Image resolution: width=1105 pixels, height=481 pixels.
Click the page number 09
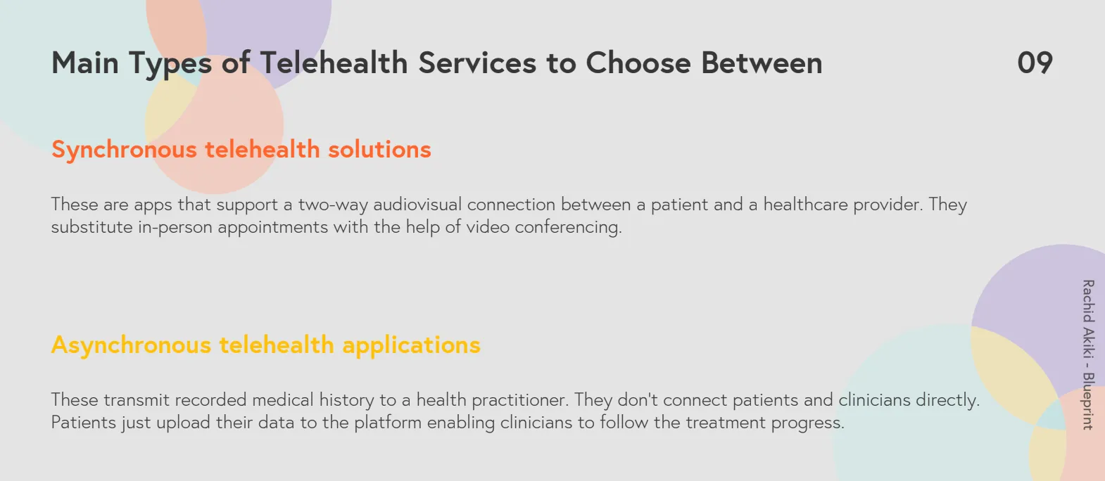(1035, 63)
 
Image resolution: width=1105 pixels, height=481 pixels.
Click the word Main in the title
(85, 63)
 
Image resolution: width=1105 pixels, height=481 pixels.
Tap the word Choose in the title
(638, 63)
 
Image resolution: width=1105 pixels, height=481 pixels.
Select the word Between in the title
(762, 63)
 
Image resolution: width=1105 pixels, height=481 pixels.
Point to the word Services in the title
(477, 63)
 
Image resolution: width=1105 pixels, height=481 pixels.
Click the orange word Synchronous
(125, 150)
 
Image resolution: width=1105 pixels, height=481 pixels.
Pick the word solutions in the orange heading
(379, 149)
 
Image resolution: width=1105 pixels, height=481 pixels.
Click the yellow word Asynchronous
(131, 345)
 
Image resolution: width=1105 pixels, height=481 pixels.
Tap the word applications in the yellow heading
(412, 345)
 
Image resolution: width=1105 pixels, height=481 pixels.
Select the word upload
(184, 423)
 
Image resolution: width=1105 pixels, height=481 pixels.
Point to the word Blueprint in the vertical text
(1089, 401)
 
